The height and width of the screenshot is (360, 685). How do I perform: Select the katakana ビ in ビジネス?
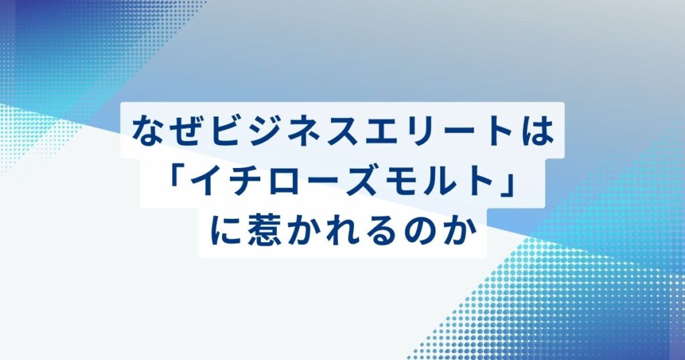tap(225, 130)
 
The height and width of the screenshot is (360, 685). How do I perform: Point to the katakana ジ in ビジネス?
tap(264, 130)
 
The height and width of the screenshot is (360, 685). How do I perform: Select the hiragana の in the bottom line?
tap(421, 232)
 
